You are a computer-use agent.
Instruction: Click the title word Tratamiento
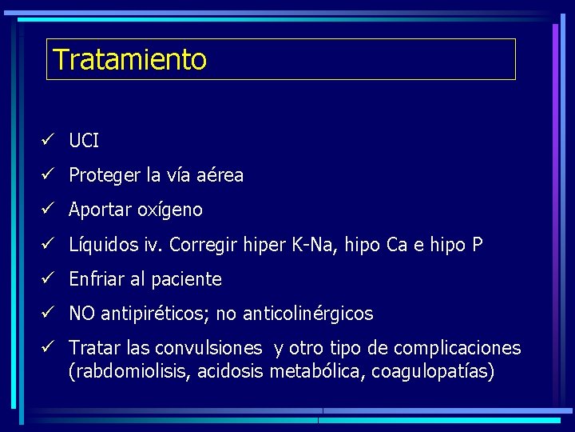(x=129, y=59)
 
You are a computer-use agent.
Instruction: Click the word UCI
(x=84, y=141)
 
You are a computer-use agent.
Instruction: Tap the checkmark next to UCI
(x=48, y=141)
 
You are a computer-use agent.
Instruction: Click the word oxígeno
(x=170, y=210)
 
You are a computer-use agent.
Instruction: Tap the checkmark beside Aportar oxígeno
(x=48, y=210)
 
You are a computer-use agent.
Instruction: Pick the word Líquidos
(x=102, y=245)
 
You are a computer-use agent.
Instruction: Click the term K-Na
(x=316, y=245)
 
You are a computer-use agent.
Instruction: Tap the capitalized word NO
(x=81, y=314)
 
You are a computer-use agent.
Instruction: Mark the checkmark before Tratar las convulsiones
(x=48, y=348)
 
